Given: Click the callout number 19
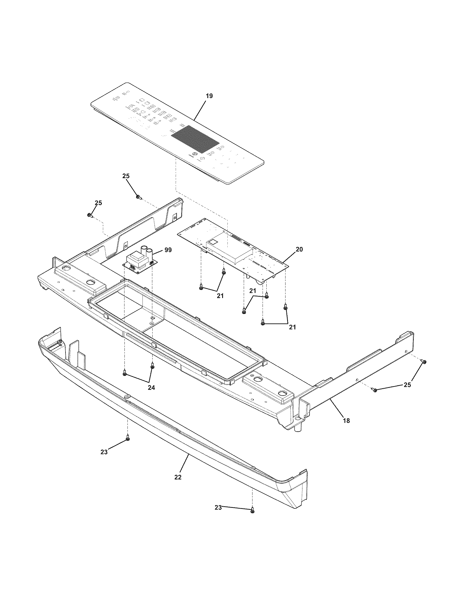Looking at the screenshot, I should [209, 96].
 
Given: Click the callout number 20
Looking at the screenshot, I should [299, 249].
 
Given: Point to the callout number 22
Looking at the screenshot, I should [178, 478].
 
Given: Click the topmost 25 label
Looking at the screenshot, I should [126, 176].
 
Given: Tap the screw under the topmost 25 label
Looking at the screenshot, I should [138, 197].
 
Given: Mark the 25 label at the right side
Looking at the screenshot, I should [407, 385].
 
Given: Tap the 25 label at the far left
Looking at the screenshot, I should [98, 203].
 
